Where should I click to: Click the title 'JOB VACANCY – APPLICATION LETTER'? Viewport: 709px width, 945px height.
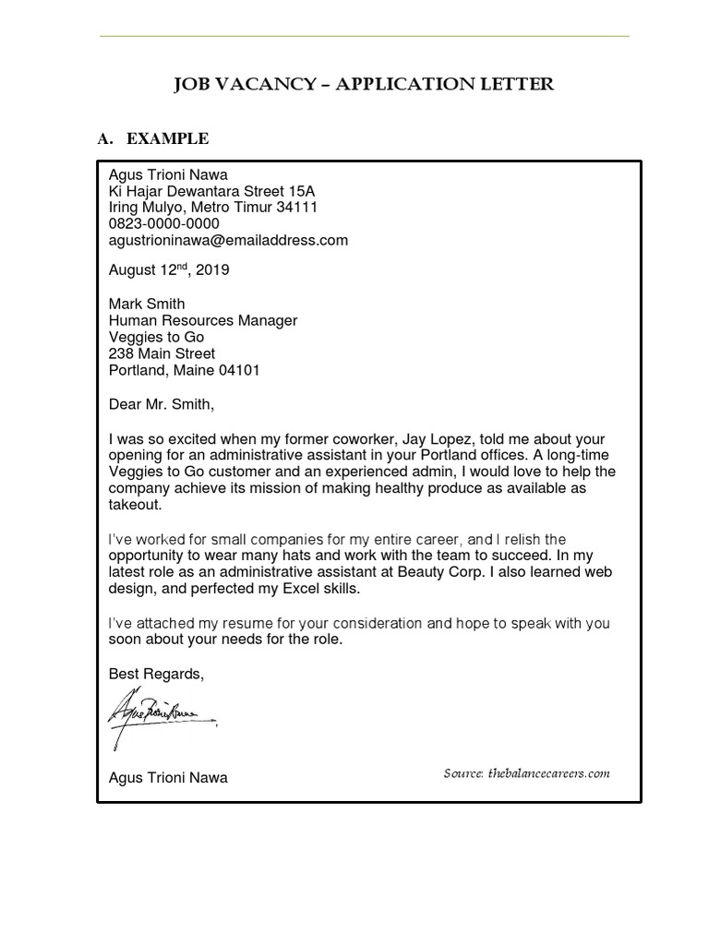[x=364, y=85]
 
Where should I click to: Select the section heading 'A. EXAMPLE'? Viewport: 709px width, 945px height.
[x=153, y=138]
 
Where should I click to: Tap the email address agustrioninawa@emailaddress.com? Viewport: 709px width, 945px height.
[x=228, y=240]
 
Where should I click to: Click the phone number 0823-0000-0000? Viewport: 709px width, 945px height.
[x=164, y=223]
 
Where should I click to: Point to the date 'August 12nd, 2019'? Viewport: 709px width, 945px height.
[x=169, y=270]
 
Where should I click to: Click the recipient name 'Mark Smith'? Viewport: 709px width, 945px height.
[x=147, y=304]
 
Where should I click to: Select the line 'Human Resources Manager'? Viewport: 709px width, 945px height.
[x=203, y=320]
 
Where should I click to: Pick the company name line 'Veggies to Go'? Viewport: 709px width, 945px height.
[x=156, y=337]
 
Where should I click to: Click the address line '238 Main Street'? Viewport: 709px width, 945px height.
[x=162, y=353]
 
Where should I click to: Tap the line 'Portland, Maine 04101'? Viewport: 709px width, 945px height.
[x=185, y=370]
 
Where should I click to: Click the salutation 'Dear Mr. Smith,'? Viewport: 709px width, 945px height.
[x=161, y=404]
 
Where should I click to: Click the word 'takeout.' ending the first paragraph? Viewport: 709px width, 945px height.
[x=135, y=505]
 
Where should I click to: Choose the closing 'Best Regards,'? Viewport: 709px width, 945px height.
[x=156, y=674]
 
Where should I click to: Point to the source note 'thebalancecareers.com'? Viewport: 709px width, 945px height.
[x=549, y=773]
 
